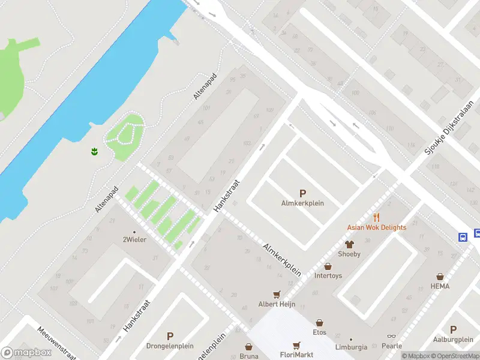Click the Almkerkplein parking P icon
[302, 193]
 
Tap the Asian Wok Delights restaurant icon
[377, 217]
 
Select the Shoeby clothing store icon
[349, 244]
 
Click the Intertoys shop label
[328, 276]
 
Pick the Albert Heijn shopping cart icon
[277, 294]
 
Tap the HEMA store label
[440, 286]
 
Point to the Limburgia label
[350, 347]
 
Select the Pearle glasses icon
[391, 337]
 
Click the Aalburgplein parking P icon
[453, 329]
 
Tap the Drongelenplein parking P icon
[170, 337]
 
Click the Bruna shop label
[248, 356]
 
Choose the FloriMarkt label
[296, 355]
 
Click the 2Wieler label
[134, 239]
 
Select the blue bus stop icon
[463, 236]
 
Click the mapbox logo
[26, 353]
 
